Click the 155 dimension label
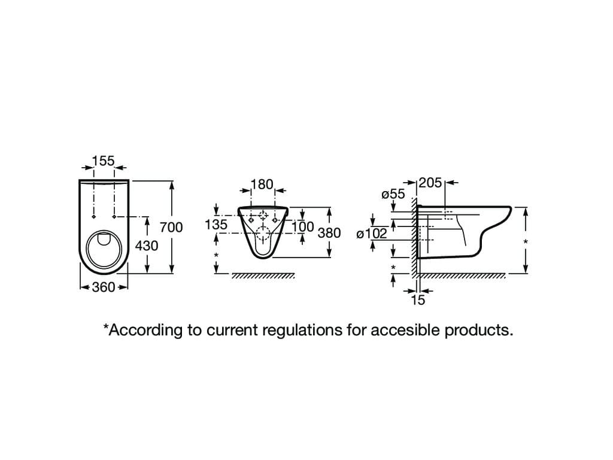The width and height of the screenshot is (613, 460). pos(103,161)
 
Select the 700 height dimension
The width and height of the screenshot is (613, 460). pos(171,227)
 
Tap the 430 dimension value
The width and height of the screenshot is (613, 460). pos(147,246)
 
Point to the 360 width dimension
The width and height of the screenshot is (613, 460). pos(104,287)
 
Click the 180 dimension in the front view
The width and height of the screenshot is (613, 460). pos(262,184)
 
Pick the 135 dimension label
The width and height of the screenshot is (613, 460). pos(216,225)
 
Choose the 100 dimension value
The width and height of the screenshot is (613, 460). pos(303,227)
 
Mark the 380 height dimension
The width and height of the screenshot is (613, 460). pos(329,233)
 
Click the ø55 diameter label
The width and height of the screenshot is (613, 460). pos(393,194)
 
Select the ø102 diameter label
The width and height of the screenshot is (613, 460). pos(372,234)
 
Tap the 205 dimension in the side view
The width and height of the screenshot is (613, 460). pos(430,183)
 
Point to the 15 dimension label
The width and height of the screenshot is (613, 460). pos(418,300)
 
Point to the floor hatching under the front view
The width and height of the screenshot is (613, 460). pos(263,276)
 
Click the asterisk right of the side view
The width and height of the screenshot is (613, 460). pos(526,242)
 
